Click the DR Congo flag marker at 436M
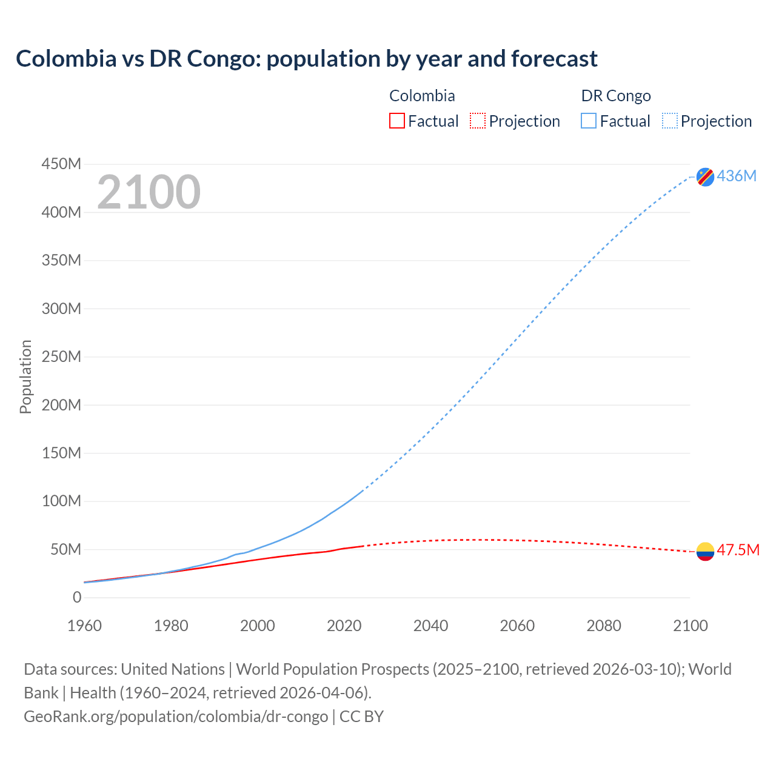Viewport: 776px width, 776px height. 705,176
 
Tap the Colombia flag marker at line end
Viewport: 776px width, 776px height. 705,551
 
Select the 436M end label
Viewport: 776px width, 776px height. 737,176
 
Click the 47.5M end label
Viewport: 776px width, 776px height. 738,550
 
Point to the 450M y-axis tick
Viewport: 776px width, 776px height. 61,164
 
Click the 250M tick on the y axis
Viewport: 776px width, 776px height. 61,356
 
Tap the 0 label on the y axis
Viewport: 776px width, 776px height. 76,597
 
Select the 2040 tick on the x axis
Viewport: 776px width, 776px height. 430,626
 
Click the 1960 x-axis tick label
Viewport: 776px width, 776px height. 84,626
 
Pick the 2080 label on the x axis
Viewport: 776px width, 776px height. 604,626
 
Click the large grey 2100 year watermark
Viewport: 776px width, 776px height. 149,192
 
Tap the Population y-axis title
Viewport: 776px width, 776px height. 25,376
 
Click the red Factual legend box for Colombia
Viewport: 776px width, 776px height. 396,121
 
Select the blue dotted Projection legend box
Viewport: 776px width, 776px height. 670,121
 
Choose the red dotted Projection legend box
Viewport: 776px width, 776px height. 478,121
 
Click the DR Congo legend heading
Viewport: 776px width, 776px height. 615,96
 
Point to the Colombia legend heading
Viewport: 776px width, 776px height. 422,96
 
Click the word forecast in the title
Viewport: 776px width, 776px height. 554,59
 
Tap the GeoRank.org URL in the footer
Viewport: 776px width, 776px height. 176,716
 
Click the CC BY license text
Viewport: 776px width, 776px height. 361,716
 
